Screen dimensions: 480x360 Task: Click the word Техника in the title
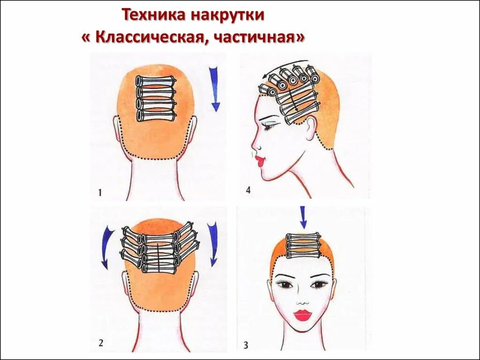153,15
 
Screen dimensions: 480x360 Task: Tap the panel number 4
248,190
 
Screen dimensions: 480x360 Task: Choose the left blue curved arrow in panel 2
107,247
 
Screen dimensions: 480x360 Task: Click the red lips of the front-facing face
302,315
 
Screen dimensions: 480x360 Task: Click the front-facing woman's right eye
285,284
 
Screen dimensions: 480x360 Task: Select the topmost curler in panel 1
156,81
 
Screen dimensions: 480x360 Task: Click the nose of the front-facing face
302,298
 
